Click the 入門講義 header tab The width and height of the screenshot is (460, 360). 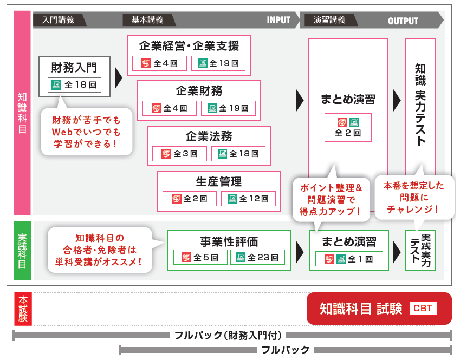(58, 20)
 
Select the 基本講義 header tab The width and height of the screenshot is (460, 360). (147, 20)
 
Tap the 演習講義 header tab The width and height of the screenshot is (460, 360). (329, 20)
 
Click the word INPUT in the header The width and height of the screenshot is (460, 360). (278, 20)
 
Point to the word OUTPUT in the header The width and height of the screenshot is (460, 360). (403, 21)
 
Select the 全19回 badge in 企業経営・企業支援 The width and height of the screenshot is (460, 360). (218, 63)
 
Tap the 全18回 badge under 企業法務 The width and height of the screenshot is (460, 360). (238, 154)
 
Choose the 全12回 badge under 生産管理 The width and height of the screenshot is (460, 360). (248, 199)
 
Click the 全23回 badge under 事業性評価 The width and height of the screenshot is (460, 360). (257, 257)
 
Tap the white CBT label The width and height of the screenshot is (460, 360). (423, 309)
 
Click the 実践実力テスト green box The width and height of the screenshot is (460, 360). (420, 250)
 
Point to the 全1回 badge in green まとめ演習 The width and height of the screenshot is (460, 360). (349, 259)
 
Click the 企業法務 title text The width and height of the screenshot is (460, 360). (209, 136)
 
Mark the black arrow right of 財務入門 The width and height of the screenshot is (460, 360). (119, 77)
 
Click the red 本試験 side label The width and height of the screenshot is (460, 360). (23, 309)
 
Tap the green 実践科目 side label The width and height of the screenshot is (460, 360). (22, 250)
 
